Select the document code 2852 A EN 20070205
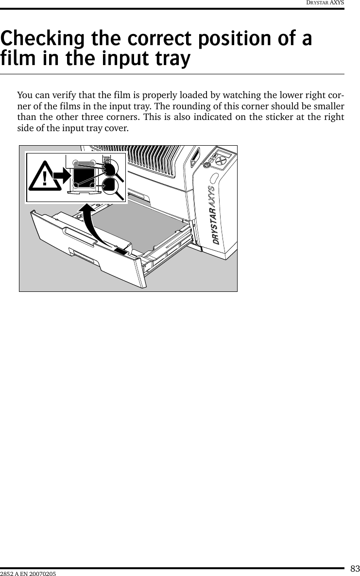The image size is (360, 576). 28,574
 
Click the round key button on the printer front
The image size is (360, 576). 207,165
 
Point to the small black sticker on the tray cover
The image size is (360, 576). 120,251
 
